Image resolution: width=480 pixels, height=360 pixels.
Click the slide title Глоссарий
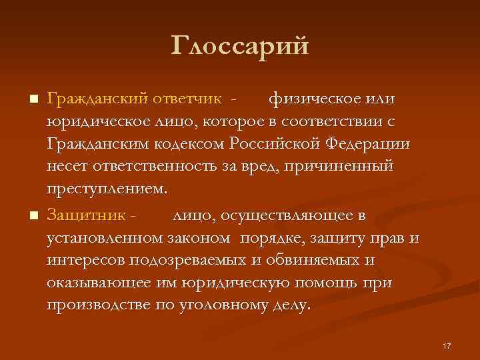click(x=240, y=46)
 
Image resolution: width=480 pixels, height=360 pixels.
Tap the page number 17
click(x=447, y=345)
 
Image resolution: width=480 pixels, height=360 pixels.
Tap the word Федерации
click(x=373, y=143)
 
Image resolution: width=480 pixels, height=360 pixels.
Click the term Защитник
click(x=87, y=215)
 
